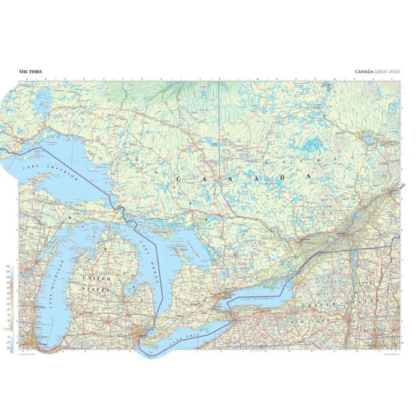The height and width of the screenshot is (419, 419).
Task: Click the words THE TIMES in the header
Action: tap(30, 71)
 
